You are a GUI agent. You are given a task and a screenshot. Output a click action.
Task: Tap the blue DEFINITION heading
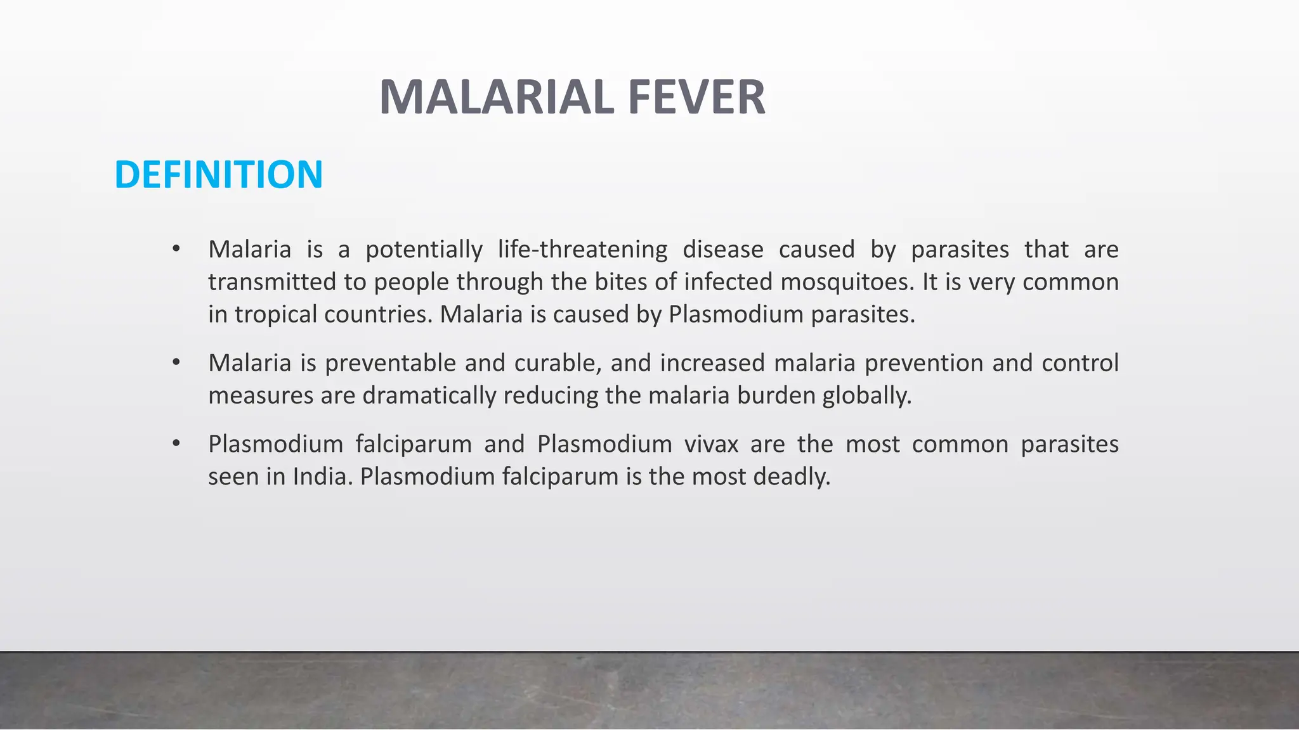tap(219, 174)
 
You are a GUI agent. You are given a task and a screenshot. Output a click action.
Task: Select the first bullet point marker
tap(176, 249)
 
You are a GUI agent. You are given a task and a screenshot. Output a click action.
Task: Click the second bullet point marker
tap(176, 362)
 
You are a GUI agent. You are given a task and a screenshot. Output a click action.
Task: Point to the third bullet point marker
tap(176, 444)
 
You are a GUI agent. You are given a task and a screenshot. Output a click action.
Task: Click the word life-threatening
tap(582, 250)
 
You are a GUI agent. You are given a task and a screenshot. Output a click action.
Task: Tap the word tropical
tap(275, 314)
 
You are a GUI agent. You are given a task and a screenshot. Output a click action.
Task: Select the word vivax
tap(711, 444)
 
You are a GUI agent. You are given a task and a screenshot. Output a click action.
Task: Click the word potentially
tap(424, 250)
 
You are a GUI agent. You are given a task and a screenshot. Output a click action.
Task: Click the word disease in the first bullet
tap(722, 250)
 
